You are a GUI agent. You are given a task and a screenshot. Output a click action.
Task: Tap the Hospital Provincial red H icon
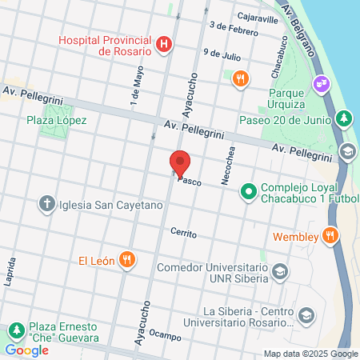coord(165,44)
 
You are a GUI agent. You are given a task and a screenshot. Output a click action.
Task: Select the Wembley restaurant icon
coord(328,236)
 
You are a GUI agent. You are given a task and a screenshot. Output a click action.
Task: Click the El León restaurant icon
coord(126,259)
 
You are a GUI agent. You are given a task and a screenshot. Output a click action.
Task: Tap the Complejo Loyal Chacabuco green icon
coord(249,191)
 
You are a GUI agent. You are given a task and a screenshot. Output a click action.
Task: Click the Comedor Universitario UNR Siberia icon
coord(279,272)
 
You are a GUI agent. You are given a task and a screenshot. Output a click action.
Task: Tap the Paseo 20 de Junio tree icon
coord(344,119)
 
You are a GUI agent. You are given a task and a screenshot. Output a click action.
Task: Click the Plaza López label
coord(56,120)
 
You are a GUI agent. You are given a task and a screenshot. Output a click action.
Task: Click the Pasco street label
coord(190,181)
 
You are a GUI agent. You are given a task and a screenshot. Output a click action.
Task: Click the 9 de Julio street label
coord(222,54)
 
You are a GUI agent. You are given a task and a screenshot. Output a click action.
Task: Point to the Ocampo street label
coord(165,336)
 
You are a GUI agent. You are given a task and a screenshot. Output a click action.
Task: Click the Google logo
coord(26,350)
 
